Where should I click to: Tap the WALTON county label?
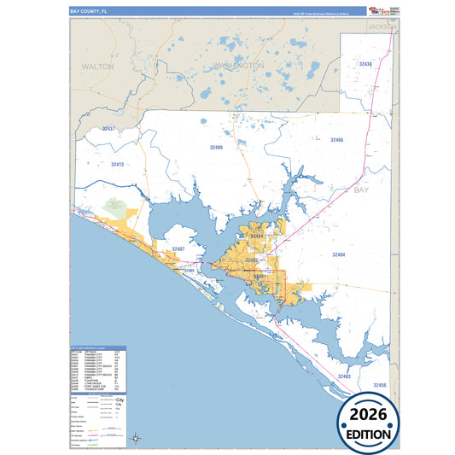point(97,66)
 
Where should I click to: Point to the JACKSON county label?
point(382,26)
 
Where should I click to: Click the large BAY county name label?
point(362,190)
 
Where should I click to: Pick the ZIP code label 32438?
point(365,64)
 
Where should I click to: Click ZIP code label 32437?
point(108,128)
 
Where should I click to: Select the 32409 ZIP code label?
point(216,147)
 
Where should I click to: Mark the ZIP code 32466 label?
point(336,139)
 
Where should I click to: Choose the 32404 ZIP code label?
point(338,254)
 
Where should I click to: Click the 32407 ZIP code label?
point(178,248)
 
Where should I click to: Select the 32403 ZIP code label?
point(344,376)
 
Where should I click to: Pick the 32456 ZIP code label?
point(380,385)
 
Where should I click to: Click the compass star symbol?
point(136,439)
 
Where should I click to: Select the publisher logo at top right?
point(383,11)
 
